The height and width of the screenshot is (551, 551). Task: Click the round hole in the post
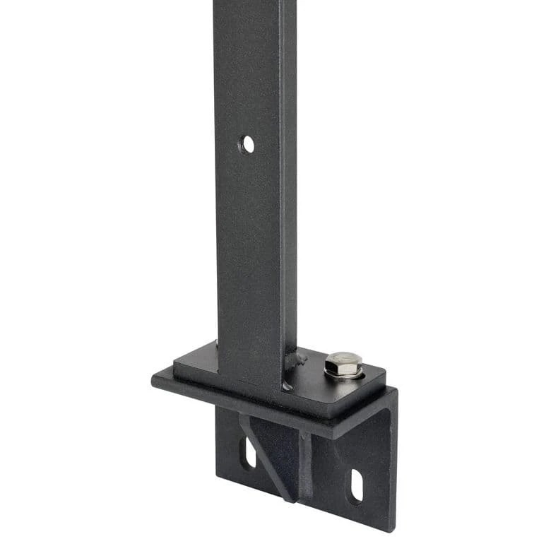(x=247, y=145)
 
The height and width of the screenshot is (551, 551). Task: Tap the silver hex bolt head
(x=343, y=363)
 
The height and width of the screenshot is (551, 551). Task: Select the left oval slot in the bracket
(x=248, y=453)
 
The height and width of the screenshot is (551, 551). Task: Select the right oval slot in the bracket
(x=356, y=487)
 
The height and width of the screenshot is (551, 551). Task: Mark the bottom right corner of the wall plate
(x=389, y=528)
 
